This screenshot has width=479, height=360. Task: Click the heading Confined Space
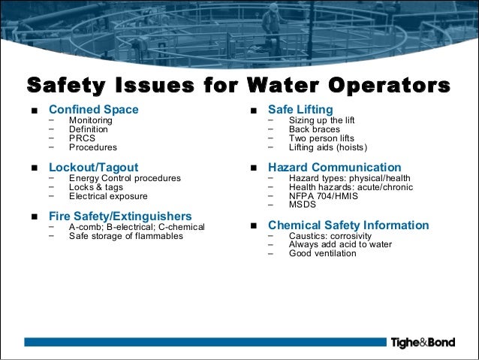[x=93, y=110]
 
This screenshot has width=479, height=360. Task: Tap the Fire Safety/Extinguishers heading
[x=119, y=216]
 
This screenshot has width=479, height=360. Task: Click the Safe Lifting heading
[x=300, y=110]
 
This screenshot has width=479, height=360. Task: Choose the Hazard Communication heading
[x=334, y=167]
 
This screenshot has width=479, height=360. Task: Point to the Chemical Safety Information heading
[x=348, y=225]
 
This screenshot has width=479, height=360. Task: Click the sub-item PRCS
[x=82, y=138]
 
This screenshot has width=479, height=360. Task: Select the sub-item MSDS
[x=303, y=204]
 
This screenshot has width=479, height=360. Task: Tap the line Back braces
[x=314, y=129]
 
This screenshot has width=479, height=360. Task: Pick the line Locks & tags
[x=96, y=187]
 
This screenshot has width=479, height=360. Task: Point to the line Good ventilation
[x=322, y=253]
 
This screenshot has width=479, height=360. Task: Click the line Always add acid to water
[x=340, y=244]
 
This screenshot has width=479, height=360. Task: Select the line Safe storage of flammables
[x=125, y=236]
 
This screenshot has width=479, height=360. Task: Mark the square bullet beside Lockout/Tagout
[x=35, y=168]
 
